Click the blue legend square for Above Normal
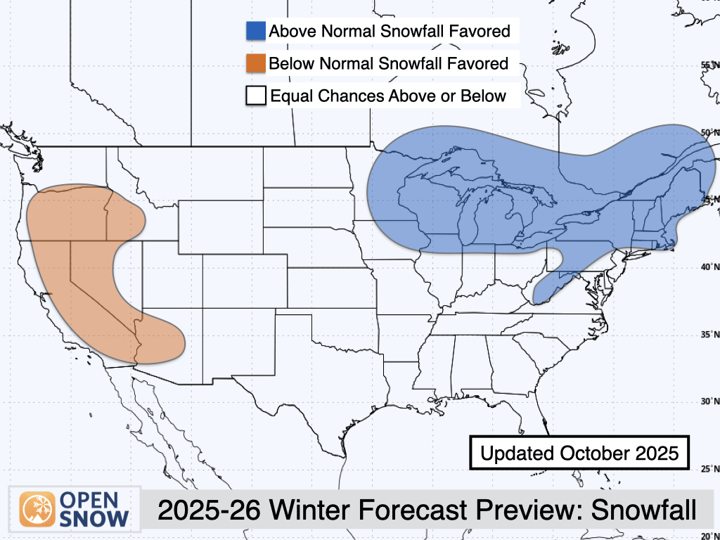[256, 32]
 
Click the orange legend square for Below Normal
[256, 63]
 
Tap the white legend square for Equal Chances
[256, 96]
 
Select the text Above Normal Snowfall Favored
[390, 32]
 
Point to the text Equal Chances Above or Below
[388, 96]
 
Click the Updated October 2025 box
[579, 453]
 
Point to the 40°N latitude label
[709, 266]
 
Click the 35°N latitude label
[709, 334]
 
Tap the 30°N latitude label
[709, 401]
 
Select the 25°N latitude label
[709, 468]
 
